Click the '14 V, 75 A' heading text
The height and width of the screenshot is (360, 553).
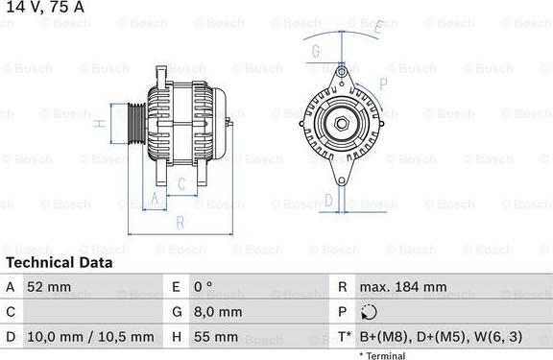(42, 8)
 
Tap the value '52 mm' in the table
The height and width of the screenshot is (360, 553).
(50, 287)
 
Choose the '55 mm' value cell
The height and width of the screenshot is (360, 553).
(215, 337)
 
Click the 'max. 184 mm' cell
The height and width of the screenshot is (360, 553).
(402, 287)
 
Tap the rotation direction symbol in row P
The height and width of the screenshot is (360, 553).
(369, 312)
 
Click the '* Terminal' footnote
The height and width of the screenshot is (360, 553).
(382, 355)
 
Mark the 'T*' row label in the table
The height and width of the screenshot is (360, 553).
(343, 337)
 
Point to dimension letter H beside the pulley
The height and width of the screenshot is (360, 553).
(99, 123)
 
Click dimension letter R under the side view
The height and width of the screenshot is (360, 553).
(180, 223)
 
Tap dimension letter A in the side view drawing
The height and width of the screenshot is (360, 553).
(153, 199)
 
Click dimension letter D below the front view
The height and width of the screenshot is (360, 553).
(329, 200)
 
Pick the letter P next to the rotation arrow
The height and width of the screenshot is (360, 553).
(383, 83)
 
